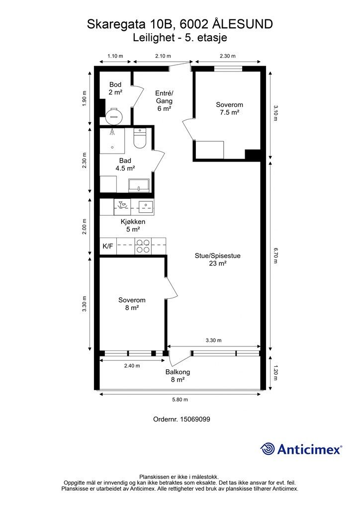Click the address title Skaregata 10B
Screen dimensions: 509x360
(180, 24)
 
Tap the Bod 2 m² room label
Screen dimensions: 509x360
(115, 88)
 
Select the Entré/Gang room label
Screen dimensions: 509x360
(164, 101)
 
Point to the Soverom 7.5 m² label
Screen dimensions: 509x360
(229, 109)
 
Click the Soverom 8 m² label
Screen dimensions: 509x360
(132, 304)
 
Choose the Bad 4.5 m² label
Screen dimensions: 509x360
(125, 165)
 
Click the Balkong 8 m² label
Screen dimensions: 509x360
(178, 376)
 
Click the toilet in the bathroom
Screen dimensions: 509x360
(140, 140)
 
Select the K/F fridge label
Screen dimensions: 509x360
(108, 246)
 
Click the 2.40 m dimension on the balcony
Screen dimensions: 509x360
(132, 366)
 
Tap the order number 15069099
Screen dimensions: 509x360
(181, 419)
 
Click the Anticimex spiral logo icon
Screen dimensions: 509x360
(268, 449)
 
